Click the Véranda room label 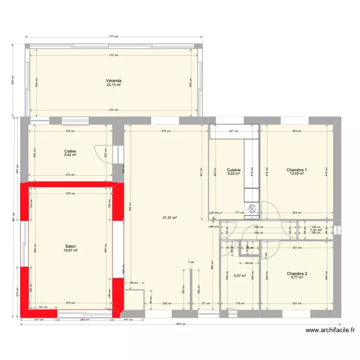coord(114,81)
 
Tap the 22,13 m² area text coord(114,85)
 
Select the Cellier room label coord(71,151)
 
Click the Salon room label coord(71,246)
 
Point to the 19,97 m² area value coord(71,250)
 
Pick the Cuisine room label coord(233,170)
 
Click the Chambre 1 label coord(297,170)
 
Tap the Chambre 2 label coord(297,274)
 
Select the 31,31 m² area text coord(169,217)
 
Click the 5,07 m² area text coord(240,276)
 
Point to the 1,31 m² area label coord(315,230)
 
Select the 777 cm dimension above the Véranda coord(113,36)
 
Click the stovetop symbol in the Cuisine coord(252,208)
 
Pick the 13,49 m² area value coord(297,174)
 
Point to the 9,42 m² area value coord(71,155)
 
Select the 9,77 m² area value coord(297,277)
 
